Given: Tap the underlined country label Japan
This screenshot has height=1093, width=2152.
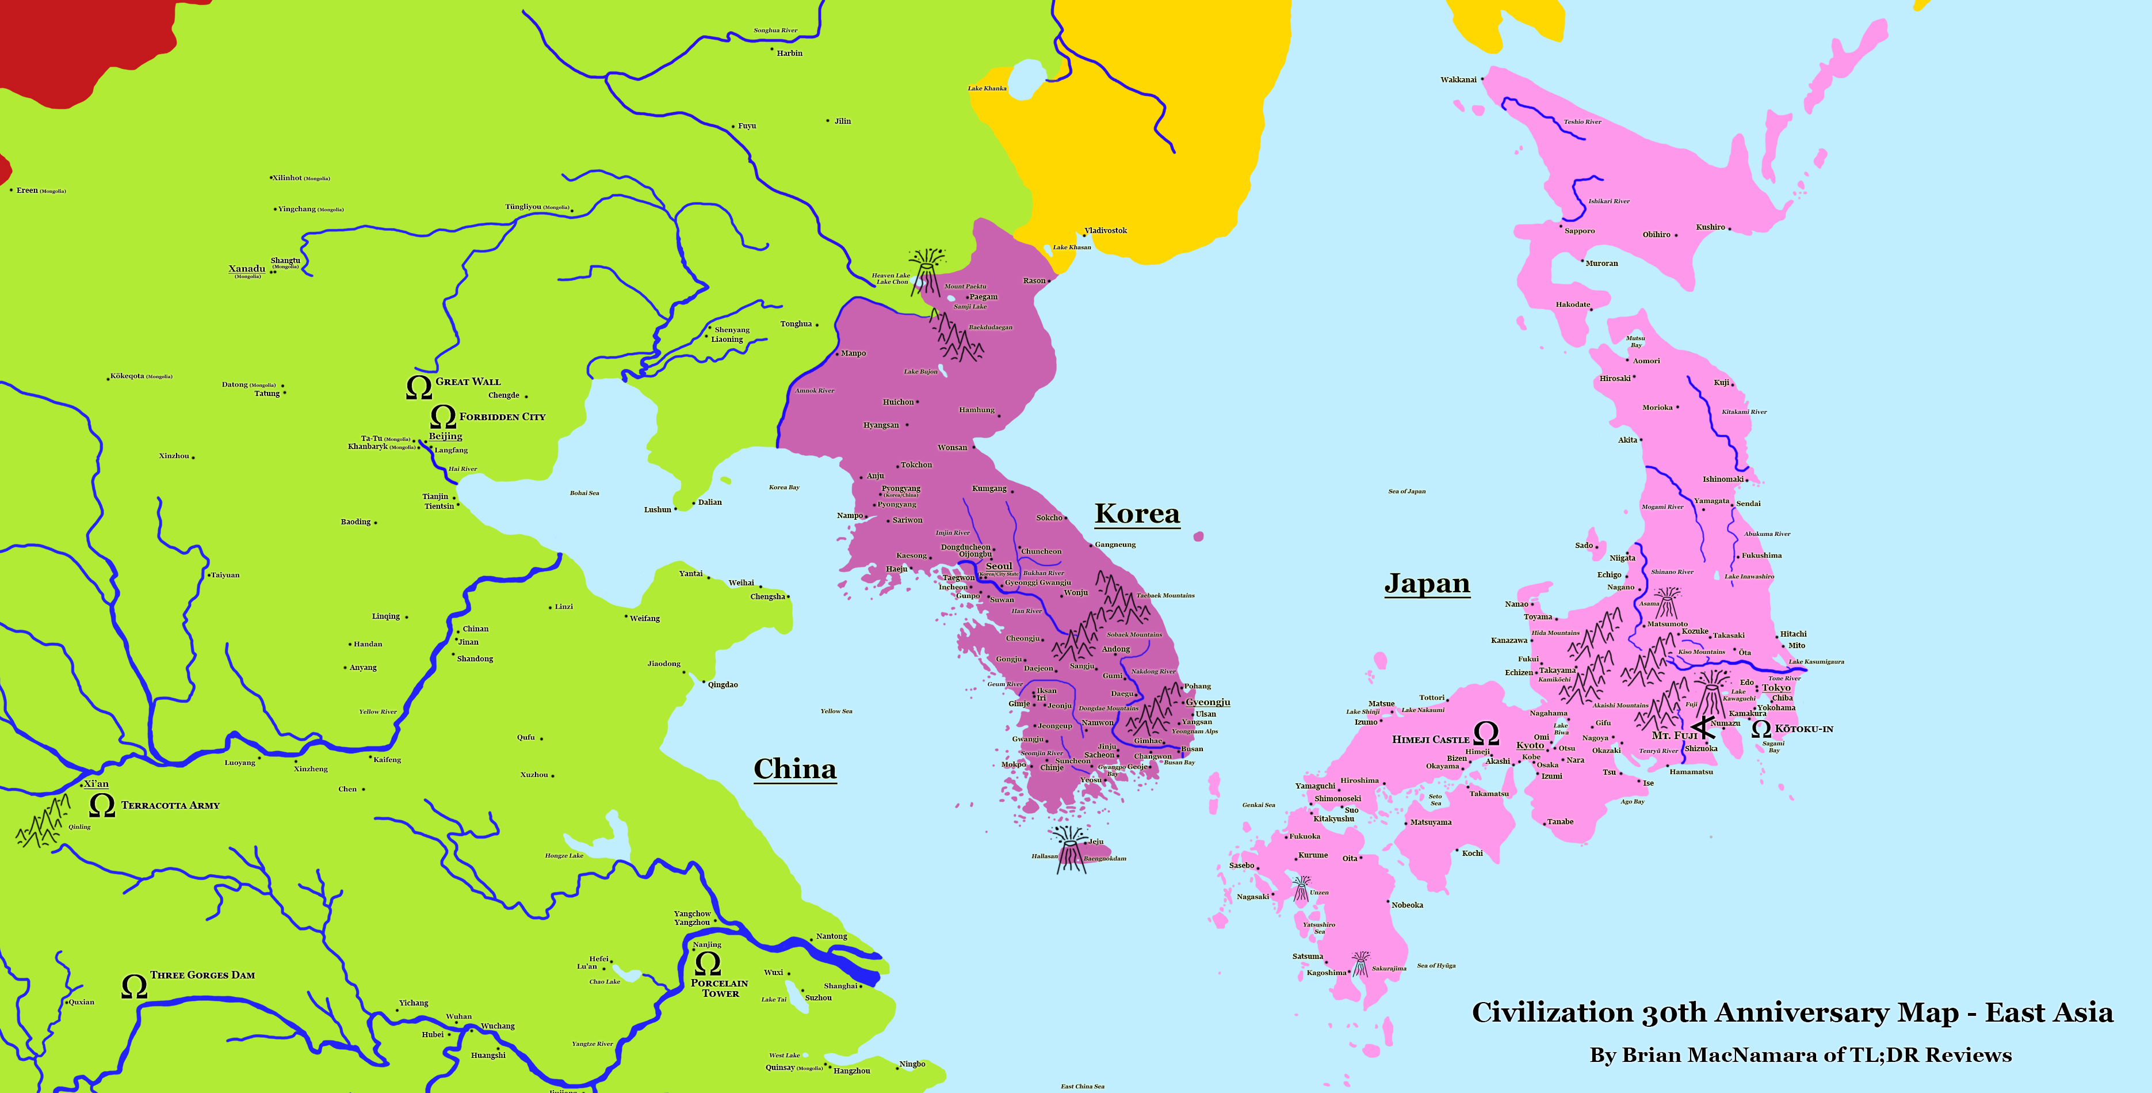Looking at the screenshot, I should [1427, 582].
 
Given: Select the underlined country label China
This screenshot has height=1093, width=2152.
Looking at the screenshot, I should [794, 769].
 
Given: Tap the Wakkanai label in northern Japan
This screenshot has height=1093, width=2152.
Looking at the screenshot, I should [1459, 80].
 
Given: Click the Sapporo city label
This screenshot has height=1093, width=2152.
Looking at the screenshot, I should [1579, 231].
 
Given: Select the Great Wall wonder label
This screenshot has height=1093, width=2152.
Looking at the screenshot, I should [468, 382].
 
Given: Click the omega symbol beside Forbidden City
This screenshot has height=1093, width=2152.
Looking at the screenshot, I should [443, 416].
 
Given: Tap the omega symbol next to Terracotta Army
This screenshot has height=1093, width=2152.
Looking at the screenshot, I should [102, 806].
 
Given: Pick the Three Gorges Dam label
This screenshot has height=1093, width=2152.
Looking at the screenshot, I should [202, 975].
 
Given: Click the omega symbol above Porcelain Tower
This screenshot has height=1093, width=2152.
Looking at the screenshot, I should [708, 963].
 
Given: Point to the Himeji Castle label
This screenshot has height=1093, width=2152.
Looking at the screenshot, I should [1430, 740].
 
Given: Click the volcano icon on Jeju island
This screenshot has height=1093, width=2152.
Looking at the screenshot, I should [1070, 849].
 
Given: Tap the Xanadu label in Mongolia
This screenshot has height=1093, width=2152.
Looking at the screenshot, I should [246, 269].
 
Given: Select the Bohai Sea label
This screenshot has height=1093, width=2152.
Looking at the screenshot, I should [584, 493].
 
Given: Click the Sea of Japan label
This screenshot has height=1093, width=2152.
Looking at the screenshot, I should [1407, 492].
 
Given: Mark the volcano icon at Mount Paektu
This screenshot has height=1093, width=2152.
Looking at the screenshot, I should [927, 269].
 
